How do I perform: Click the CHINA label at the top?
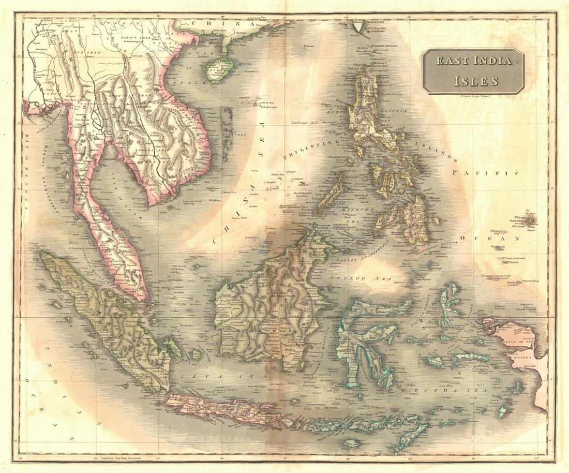212,24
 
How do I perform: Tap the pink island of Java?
222,409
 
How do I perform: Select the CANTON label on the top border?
254,18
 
